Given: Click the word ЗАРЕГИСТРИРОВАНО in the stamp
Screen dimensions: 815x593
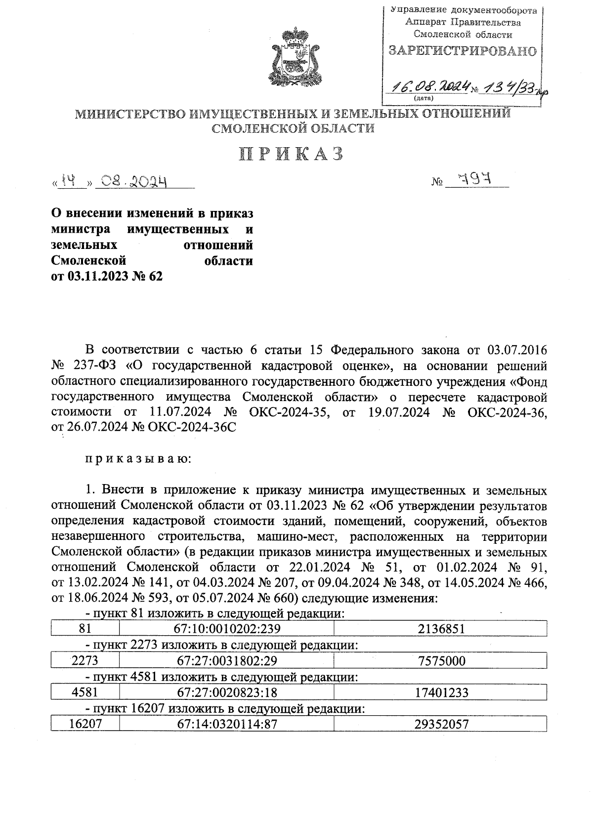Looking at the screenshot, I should point(463,51).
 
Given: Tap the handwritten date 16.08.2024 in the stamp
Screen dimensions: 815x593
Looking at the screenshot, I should point(428,87).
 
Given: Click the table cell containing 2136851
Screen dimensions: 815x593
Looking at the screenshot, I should point(440,629).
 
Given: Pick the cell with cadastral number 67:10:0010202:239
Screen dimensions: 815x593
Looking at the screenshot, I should point(227,629).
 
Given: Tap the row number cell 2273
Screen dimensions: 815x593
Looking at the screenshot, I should point(85,661).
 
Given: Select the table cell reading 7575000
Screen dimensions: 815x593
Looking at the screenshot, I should point(440,661).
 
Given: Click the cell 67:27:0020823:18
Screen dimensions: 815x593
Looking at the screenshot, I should point(227,693).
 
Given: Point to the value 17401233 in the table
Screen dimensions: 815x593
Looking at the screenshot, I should point(440,693).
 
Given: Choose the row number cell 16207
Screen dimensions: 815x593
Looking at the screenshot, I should point(85,724).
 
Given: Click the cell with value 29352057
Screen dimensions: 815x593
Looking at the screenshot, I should point(440,724).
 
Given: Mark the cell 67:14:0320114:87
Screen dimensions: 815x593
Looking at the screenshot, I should point(227,724).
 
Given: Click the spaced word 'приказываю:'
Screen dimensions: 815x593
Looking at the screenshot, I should point(138,459).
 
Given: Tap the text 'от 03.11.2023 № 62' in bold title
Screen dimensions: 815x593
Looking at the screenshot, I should point(107,276).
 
